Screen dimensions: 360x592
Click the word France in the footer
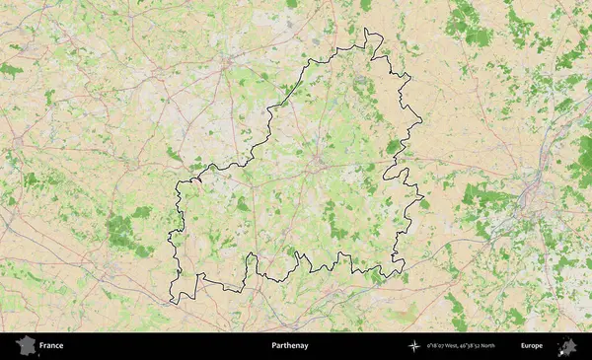pyautogui.click(x=51, y=346)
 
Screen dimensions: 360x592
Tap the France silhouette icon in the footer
pyautogui.click(x=26, y=346)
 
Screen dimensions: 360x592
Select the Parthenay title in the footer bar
pyautogui.click(x=290, y=346)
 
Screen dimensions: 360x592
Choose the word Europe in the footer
pyautogui.click(x=532, y=346)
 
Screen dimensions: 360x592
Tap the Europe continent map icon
pyautogui.click(x=567, y=346)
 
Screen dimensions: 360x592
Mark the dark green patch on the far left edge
pyautogui.click(x=10, y=70)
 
